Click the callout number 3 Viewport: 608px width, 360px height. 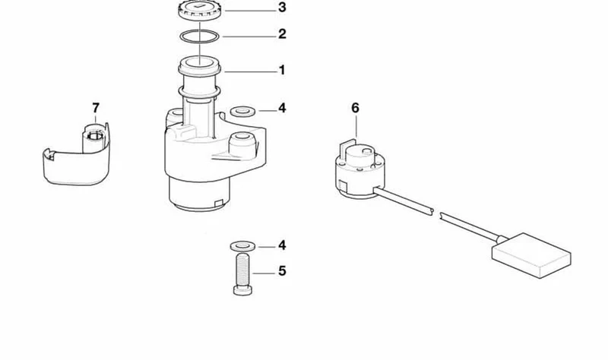282,8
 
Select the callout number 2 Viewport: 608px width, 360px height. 282,34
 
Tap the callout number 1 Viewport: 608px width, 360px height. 282,70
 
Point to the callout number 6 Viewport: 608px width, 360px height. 355,108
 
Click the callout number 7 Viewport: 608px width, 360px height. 96,108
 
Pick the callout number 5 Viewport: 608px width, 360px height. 282,271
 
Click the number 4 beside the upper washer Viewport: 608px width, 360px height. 282,108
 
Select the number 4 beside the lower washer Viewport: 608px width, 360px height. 282,245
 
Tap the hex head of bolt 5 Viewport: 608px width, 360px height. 243,291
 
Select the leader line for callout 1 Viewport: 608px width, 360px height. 251,71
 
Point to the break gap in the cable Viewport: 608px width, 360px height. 436,213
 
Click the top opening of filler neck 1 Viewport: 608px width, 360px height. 200,62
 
